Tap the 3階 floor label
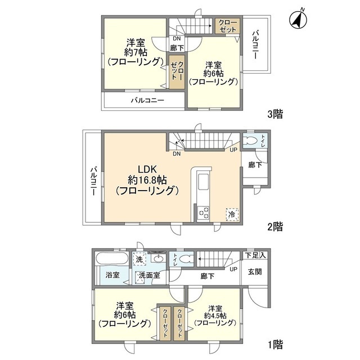coord(274,114)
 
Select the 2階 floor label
coord(274,227)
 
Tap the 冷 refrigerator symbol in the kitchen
coord(231,214)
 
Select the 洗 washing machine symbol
coord(139,259)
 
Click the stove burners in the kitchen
coord(203,214)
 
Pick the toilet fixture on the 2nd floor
coord(251,141)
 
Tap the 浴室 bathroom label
coord(112,275)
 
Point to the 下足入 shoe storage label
coord(256,255)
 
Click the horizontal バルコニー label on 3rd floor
coord(147,101)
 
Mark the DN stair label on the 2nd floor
coord(177,154)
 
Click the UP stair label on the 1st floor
coord(233,269)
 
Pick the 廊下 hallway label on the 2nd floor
coord(255,165)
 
